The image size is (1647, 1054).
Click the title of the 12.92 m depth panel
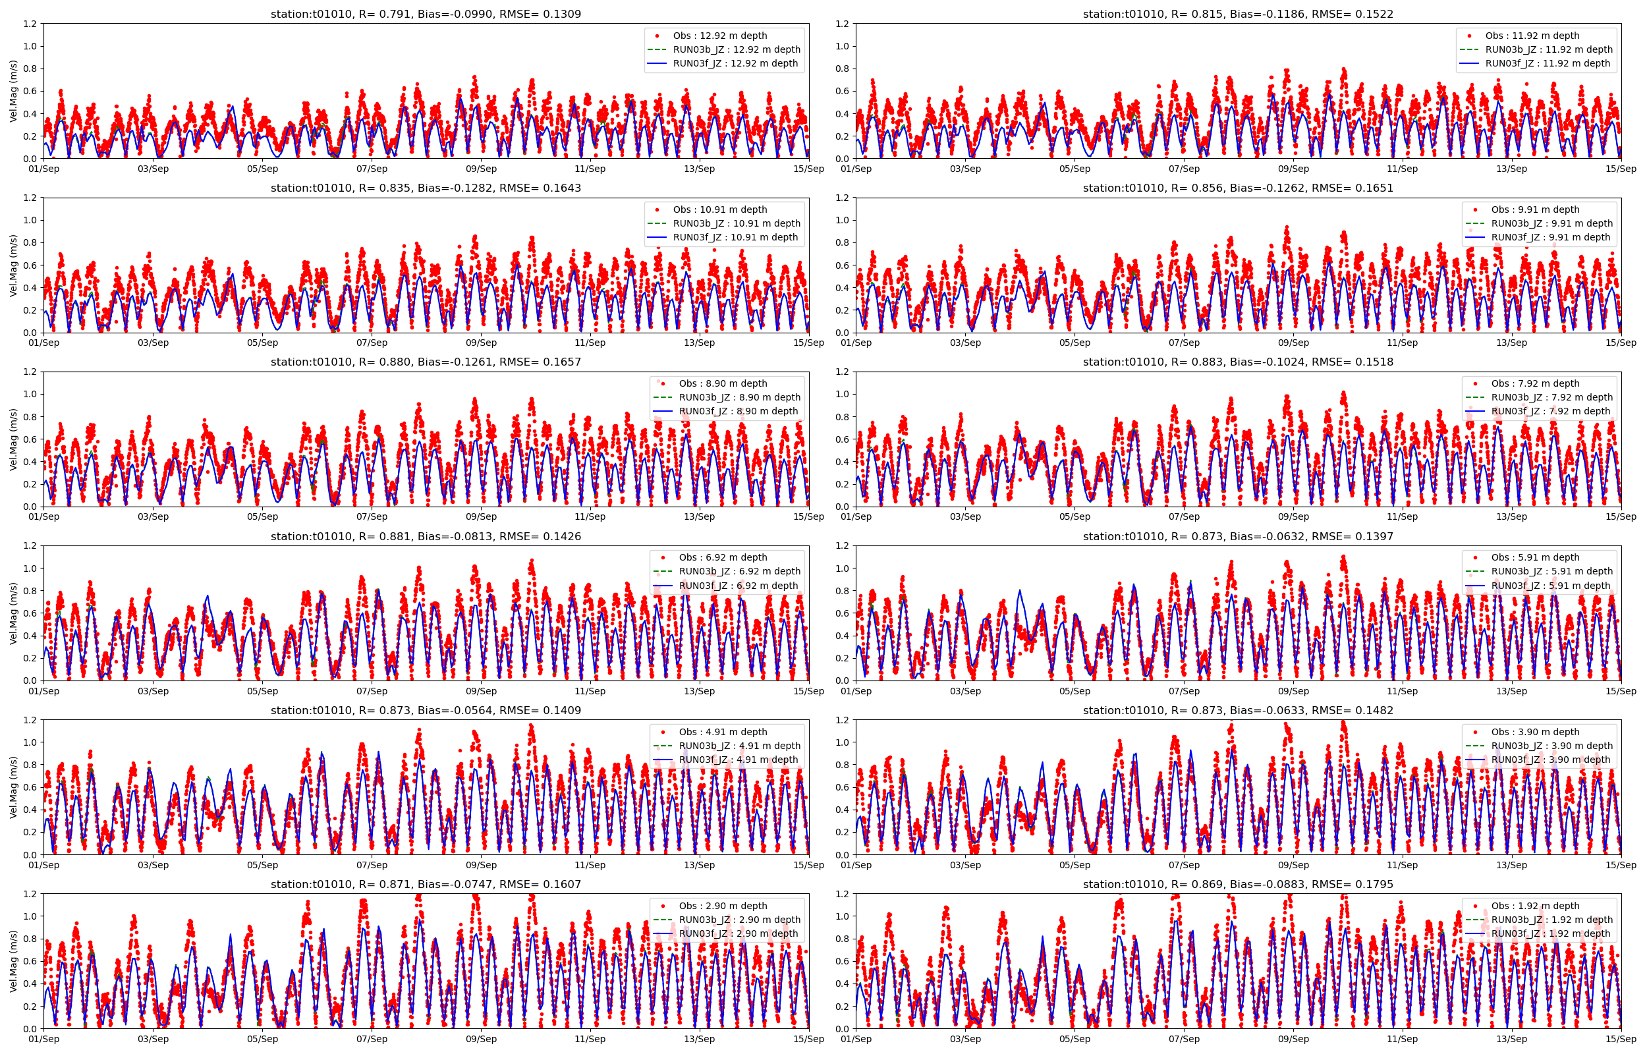click(426, 14)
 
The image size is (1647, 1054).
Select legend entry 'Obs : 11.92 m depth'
click(1532, 36)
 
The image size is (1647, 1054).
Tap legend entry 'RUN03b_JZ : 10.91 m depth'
click(737, 223)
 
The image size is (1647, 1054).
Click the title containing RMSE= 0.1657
click(426, 362)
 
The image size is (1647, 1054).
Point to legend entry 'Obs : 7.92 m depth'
click(1535, 383)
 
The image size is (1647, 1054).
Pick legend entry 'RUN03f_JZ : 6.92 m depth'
click(739, 586)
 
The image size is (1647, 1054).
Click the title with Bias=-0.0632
click(1238, 537)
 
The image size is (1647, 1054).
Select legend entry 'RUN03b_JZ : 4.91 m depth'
click(739, 746)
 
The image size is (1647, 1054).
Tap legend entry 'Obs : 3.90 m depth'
click(1535, 732)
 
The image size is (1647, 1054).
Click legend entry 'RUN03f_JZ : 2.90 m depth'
click(739, 933)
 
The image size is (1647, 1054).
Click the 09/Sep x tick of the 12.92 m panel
click(481, 169)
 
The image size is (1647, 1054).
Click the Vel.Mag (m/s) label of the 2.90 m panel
click(14, 961)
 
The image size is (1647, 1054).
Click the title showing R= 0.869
click(1238, 884)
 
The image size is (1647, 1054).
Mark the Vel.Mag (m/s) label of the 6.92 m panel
click(14, 613)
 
